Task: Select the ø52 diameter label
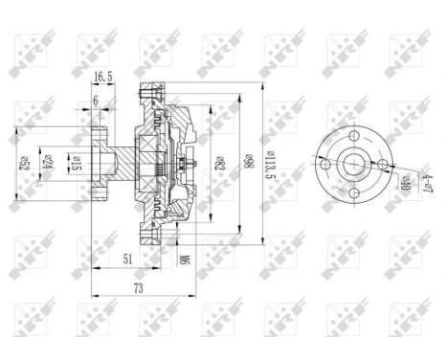click(21, 162)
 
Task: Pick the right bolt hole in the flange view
click(388, 165)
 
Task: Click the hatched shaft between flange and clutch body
click(121, 162)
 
